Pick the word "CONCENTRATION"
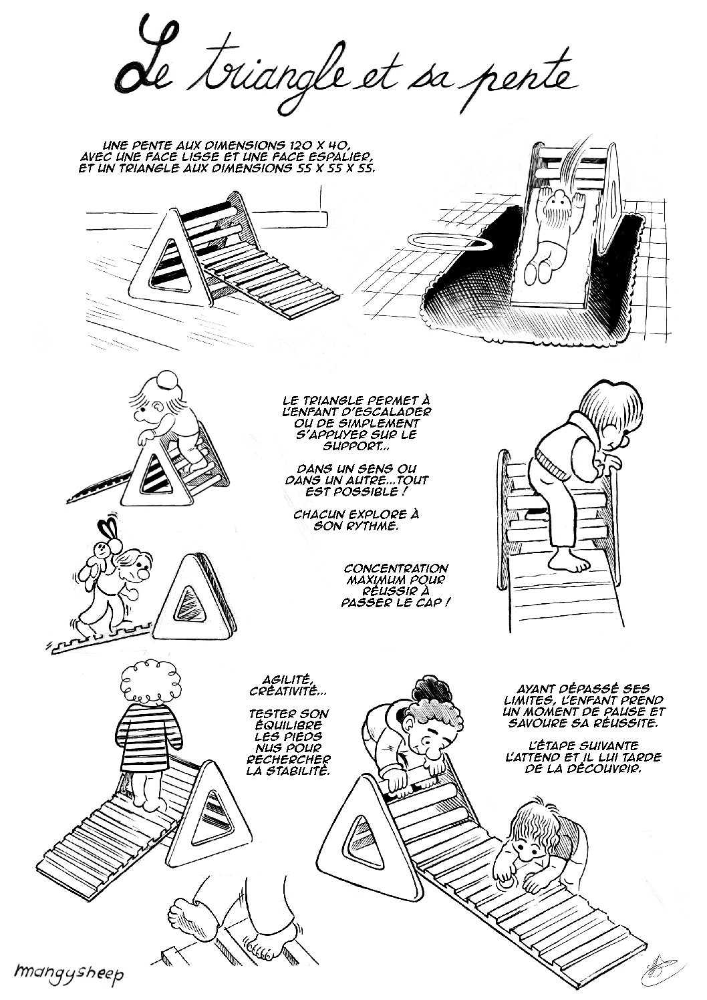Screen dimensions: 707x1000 [396, 568]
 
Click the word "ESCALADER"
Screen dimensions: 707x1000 [394, 411]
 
